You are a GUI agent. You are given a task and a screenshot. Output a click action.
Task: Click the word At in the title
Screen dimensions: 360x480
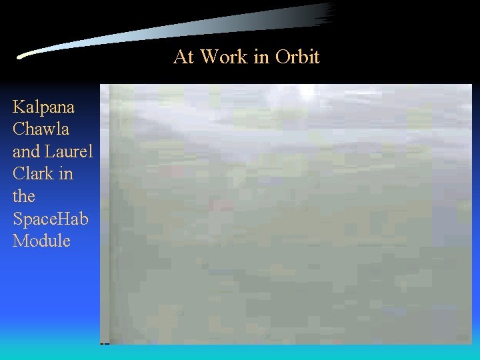[184, 57]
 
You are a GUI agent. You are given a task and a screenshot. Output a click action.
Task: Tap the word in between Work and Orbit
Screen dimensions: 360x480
[261, 57]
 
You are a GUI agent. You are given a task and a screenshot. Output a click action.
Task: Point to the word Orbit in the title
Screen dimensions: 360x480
[297, 57]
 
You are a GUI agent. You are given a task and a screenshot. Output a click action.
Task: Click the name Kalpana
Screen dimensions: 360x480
[43, 107]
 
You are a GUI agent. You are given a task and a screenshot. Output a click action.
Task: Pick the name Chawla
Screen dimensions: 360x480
[41, 129]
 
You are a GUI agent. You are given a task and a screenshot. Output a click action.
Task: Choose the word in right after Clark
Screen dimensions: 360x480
[66, 174]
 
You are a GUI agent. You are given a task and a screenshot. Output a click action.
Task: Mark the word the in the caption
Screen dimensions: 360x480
[24, 196]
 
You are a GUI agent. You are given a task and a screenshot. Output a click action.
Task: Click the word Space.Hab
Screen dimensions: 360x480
[51, 219]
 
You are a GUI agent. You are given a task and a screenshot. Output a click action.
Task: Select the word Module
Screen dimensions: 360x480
[41, 241]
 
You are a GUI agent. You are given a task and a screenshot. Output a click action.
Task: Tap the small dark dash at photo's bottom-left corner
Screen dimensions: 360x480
[104, 343]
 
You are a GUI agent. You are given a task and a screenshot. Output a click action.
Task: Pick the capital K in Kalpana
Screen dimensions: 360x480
[19, 107]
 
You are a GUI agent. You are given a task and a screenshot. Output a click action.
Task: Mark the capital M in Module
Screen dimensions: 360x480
[20, 241]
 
